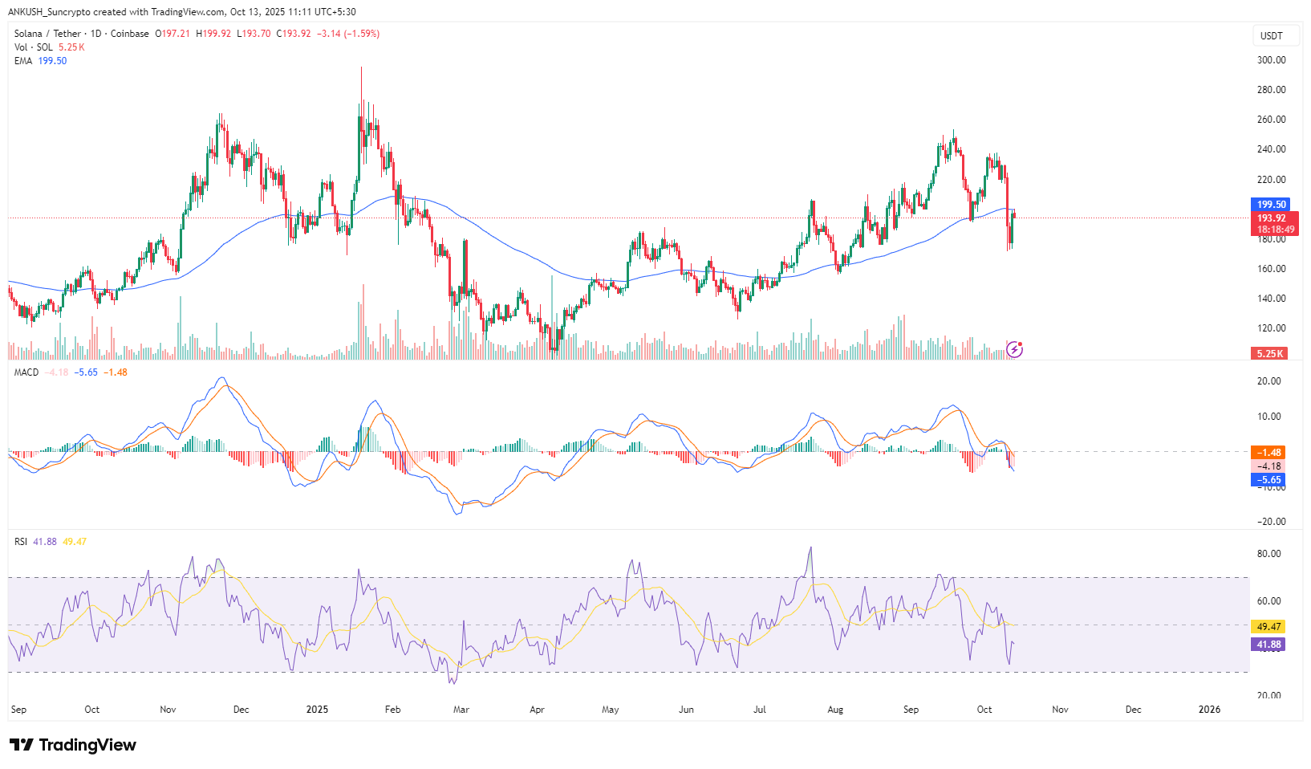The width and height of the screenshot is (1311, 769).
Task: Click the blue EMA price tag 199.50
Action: pos(1271,205)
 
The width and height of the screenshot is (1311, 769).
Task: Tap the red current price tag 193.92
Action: pos(1271,218)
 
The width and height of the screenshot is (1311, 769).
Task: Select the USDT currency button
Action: pos(1272,36)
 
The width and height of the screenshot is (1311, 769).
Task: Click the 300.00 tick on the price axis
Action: pos(1271,60)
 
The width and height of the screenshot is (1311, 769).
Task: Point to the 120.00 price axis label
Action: pos(1271,328)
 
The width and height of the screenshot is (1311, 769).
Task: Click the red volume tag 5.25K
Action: pos(1269,353)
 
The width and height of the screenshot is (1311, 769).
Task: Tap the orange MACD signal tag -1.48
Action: pos(1268,453)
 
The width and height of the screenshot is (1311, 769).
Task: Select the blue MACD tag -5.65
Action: pos(1268,480)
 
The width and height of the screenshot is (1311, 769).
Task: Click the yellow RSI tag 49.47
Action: pos(1268,627)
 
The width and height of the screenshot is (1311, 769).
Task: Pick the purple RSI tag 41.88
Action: pos(1268,645)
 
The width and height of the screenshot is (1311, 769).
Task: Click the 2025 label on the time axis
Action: pos(318,710)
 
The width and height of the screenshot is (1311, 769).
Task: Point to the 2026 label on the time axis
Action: pos(1209,710)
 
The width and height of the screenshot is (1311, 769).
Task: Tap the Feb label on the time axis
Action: pos(392,710)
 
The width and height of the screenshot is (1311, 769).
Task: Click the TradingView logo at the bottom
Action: pos(74,745)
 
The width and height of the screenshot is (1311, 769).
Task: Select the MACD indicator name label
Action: pos(26,372)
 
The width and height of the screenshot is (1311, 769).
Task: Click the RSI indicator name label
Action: pos(21,542)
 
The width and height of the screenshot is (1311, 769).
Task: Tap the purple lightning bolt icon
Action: pos(1014,349)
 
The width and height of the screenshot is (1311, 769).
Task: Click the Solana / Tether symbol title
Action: pos(47,34)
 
